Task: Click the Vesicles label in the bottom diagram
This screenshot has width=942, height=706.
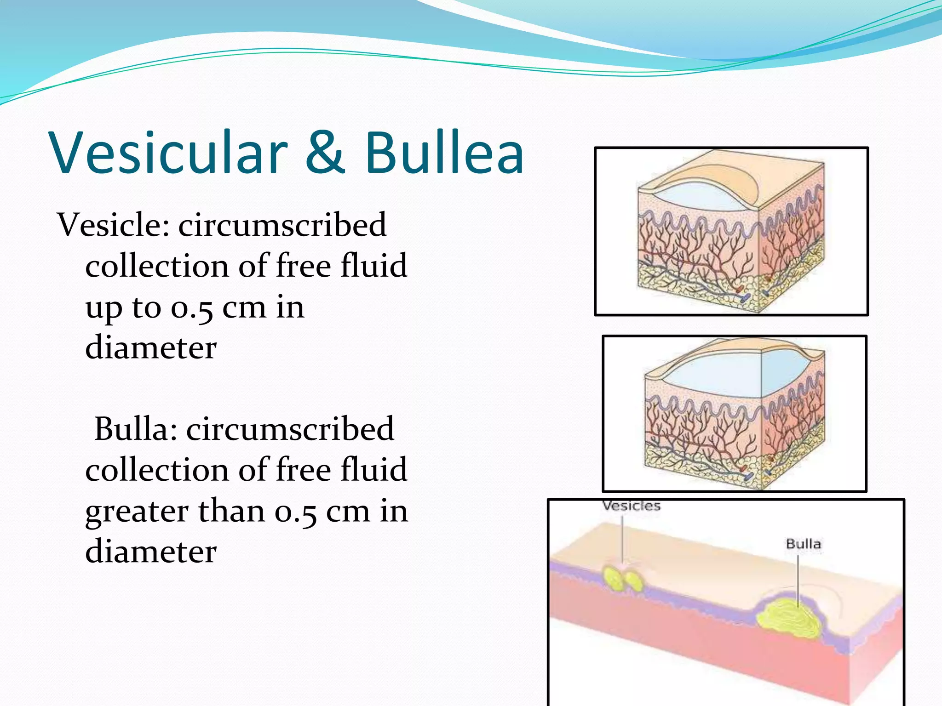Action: click(631, 506)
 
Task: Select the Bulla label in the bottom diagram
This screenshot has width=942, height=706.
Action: click(803, 544)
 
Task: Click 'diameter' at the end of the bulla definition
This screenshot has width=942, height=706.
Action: click(151, 552)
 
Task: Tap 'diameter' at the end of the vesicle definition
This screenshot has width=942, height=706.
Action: click(151, 348)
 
